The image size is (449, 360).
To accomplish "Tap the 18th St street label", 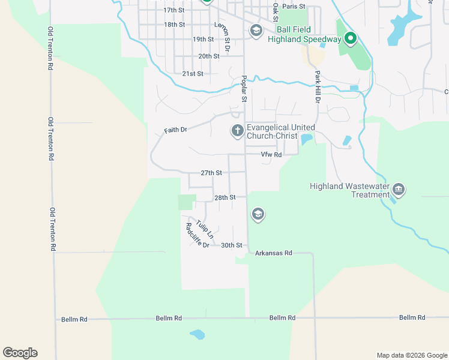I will [x=174, y=25].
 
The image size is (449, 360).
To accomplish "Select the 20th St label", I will [x=209, y=56].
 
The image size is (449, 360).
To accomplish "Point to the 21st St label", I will [x=193, y=74].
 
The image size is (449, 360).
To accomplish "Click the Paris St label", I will [x=294, y=7].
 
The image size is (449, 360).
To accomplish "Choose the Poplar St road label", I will [x=244, y=88].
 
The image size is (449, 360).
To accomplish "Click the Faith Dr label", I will [x=176, y=130].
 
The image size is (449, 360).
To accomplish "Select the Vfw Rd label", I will [x=271, y=155].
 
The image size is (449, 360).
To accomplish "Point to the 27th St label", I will [x=211, y=173].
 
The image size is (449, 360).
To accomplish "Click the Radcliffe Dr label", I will [x=197, y=236].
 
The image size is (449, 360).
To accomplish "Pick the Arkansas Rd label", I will [x=273, y=253].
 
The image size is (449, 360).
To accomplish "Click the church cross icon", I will [x=238, y=130].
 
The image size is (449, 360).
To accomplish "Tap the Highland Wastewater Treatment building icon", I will [x=399, y=190].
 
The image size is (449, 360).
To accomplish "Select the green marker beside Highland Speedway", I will [x=351, y=39].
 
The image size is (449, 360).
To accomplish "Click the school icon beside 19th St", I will [x=256, y=31].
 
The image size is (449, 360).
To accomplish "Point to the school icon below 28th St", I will [x=258, y=214].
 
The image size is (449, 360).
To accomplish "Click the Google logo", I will [x=20, y=353].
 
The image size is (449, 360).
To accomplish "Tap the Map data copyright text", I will [x=411, y=355].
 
